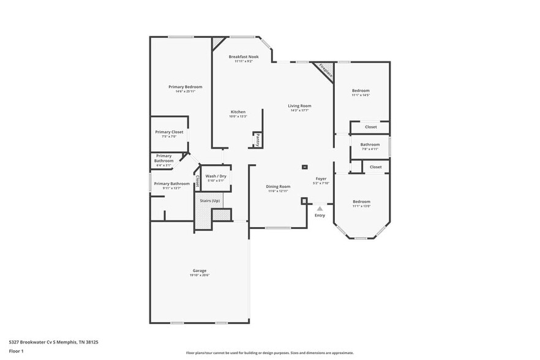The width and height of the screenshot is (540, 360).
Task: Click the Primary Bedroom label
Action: click(185, 87)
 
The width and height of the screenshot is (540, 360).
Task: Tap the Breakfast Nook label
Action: click(244, 56)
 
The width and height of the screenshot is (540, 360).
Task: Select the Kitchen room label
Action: click(238, 112)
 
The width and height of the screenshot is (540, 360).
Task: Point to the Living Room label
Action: click(299, 106)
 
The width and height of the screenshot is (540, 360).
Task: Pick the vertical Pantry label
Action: click(258, 140)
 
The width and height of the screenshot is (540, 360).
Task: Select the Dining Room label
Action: click(278, 186)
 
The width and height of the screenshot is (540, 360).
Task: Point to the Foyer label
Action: click(321, 178)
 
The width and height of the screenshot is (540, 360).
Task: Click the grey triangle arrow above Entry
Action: click(320, 209)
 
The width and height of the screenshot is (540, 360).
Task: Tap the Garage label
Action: click(200, 271)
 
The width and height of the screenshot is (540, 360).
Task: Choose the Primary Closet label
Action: click(169, 132)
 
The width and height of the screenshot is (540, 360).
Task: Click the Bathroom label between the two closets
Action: click(370, 144)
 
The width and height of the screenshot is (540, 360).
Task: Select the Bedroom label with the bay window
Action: click(361, 201)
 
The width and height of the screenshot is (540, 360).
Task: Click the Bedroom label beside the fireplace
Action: click(361, 91)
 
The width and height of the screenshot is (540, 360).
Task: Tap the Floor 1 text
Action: click(16, 351)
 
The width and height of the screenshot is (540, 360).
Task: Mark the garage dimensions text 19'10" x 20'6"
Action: click(200, 276)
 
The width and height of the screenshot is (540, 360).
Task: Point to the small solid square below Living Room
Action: click(304, 167)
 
